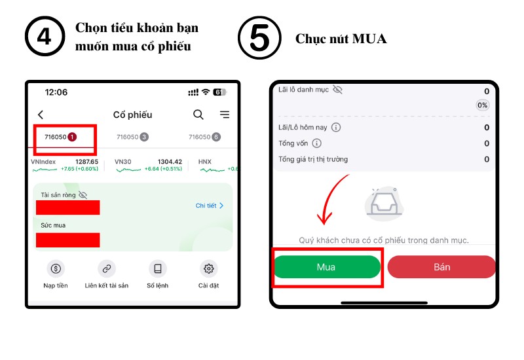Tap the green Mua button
[x=327, y=267]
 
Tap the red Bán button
[x=441, y=267]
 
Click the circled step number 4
[x=45, y=36]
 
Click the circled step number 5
[x=259, y=38]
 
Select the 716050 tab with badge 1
[x=60, y=137]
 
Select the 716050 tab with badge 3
[x=132, y=137]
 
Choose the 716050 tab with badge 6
[x=204, y=137]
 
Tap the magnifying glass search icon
[x=198, y=115]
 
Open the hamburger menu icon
[x=225, y=115]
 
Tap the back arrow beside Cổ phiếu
[x=41, y=115]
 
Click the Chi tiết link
[x=209, y=206]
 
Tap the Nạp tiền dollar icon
[x=56, y=268]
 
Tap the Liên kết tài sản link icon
[x=107, y=268]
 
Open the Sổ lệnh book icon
[x=158, y=268]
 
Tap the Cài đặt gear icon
[x=208, y=268]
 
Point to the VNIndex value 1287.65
[x=87, y=162]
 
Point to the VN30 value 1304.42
[x=170, y=162]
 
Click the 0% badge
[x=482, y=105]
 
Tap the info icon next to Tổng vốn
[x=316, y=143]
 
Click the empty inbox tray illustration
[x=384, y=204]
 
